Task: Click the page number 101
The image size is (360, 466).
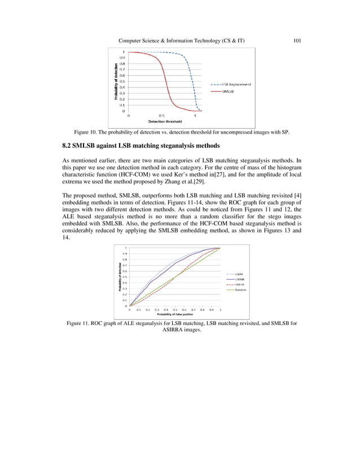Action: point(298,40)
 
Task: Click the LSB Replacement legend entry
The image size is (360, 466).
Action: point(236,84)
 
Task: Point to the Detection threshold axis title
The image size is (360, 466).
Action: point(165,121)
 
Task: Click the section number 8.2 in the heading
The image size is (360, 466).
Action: point(68,146)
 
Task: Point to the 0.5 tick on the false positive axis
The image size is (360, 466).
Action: point(175,310)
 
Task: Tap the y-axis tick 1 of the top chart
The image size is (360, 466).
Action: point(124,52)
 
